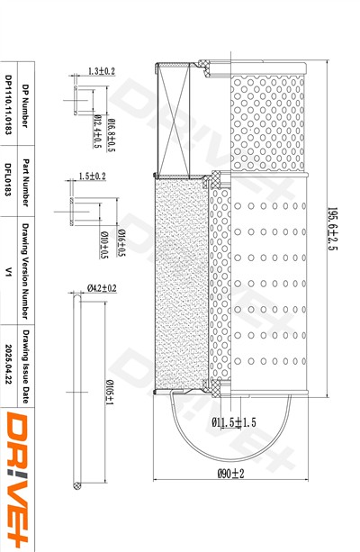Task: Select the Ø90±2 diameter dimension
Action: click(x=230, y=474)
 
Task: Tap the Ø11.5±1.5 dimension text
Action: click(x=234, y=422)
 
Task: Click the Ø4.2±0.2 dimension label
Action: click(x=102, y=287)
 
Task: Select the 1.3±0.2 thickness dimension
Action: click(x=102, y=70)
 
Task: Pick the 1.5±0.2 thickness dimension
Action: click(x=92, y=176)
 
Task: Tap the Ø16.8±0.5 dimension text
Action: click(x=112, y=136)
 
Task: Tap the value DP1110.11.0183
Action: click(x=8, y=104)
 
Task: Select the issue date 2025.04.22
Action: click(x=8, y=367)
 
